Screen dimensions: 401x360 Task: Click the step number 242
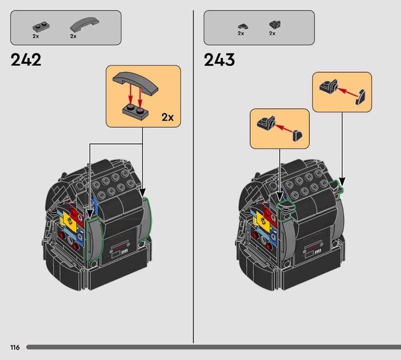(26, 60)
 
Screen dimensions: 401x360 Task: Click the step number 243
(219, 60)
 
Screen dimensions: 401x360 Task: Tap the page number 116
(15, 347)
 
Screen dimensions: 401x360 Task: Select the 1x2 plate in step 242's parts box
(41, 27)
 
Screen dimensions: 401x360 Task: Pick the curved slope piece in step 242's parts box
(85, 24)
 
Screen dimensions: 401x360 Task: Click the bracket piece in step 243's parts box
(275, 25)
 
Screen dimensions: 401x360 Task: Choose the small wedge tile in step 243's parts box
(243, 26)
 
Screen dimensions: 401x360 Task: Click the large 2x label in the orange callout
(167, 117)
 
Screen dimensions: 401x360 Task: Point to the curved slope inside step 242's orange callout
(135, 83)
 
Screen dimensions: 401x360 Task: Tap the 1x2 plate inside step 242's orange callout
(135, 112)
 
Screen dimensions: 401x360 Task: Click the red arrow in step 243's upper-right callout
(347, 92)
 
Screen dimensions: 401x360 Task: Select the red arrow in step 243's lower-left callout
(284, 128)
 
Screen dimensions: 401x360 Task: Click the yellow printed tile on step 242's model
(69, 221)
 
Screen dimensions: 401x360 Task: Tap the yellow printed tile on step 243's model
(263, 221)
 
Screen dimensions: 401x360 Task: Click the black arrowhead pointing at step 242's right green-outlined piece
(142, 193)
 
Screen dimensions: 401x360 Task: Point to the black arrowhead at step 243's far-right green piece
(342, 181)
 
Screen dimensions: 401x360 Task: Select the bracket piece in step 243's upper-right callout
(329, 86)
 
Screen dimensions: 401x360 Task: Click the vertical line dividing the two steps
(193, 176)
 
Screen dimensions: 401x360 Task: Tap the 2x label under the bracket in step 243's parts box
(272, 33)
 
